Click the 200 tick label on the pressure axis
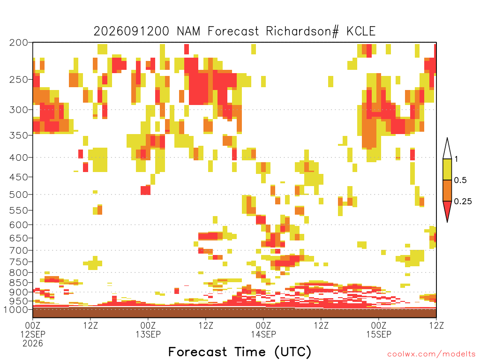tap(19, 43)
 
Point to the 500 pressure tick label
tap(19, 195)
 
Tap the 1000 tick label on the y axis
tap(16, 309)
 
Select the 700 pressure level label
tap(19, 250)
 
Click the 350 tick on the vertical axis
tap(19, 135)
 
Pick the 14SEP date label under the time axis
tap(263, 334)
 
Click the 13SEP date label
tap(148, 334)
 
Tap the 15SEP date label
tap(379, 334)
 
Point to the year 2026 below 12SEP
tap(33, 344)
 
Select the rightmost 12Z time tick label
tap(436, 325)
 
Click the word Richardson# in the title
tap(302, 31)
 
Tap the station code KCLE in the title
tap(361, 31)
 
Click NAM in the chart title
tap(188, 31)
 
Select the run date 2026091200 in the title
tap(131, 31)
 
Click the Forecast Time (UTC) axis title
tap(240, 352)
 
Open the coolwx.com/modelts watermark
tap(432, 354)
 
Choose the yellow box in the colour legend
tap(447, 169)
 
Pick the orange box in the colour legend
tap(447, 190)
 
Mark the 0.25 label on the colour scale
tap(463, 202)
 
